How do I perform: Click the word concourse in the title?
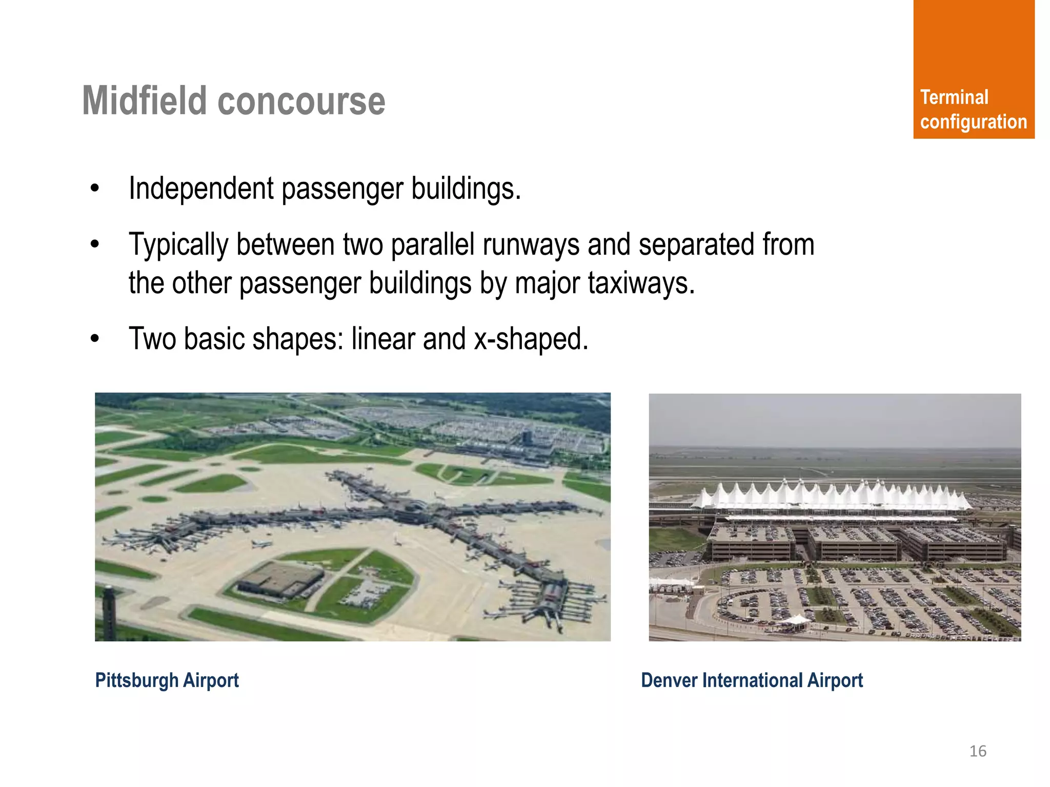coord(301,101)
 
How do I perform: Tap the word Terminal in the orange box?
coord(954,97)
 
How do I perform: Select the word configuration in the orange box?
coord(973,122)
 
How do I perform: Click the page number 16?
coord(977,751)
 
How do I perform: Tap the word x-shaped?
coord(531,339)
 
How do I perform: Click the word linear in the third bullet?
coord(382,339)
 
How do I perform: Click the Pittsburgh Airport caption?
coord(167,680)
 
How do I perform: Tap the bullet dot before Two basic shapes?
coord(94,339)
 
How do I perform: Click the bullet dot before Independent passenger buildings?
coord(94,189)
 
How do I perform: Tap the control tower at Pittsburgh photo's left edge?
coord(109,610)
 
